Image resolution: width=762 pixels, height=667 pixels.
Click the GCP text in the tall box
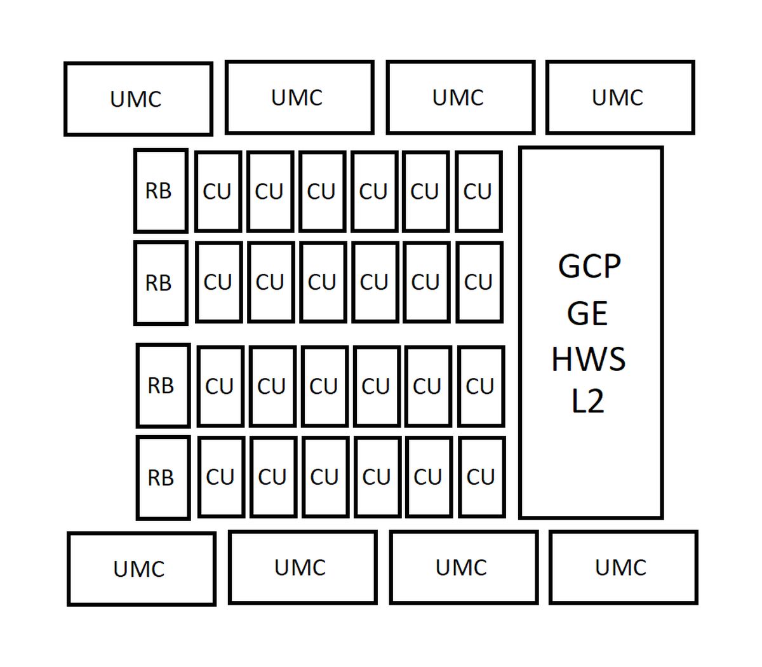[x=589, y=266]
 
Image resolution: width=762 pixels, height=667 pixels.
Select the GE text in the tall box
[x=587, y=313]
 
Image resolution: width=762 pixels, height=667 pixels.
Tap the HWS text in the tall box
[x=589, y=359]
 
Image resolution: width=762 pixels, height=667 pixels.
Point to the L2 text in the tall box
[x=588, y=401]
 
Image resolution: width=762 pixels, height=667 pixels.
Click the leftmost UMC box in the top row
[x=138, y=98]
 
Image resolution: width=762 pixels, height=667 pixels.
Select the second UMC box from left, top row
[x=300, y=97]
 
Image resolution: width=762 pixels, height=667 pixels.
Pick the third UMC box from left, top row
[x=461, y=97]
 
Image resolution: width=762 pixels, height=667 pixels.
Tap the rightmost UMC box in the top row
[x=620, y=97]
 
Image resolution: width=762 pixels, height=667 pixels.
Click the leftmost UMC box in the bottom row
[x=142, y=569]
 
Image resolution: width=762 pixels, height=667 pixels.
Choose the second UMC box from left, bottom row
[x=303, y=567]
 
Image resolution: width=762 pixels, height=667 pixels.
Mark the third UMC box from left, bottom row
[x=464, y=567]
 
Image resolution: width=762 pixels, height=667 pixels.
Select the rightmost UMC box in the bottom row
[x=624, y=567]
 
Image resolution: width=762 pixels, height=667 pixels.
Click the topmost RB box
[x=161, y=191]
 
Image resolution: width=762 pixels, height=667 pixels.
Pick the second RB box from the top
[x=161, y=283]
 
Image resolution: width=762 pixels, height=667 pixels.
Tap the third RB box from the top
[x=163, y=386]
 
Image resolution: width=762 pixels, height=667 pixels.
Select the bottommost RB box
[x=163, y=478]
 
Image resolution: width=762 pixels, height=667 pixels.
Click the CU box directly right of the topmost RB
[x=218, y=192]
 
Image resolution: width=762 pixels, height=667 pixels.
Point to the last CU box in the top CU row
[x=479, y=192]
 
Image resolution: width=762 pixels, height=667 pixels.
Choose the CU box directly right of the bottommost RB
[x=221, y=477]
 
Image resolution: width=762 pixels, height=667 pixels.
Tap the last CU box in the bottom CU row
[x=482, y=477]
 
